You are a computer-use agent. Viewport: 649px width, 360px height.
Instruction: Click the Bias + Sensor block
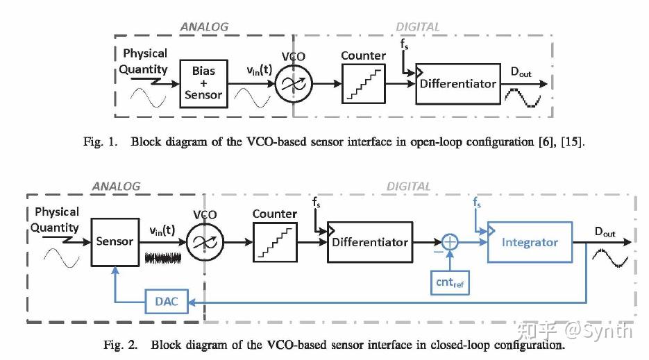coord(203,83)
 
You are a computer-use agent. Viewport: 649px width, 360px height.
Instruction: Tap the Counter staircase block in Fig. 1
coord(362,84)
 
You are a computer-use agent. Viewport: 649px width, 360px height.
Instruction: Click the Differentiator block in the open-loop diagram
coord(458,84)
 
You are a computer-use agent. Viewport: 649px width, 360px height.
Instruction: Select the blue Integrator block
coord(530,243)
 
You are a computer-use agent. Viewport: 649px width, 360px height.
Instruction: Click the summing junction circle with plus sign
coord(450,242)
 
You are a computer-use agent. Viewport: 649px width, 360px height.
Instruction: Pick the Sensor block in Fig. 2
coord(115,242)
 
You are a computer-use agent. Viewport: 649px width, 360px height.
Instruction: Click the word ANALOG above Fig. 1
coord(204,27)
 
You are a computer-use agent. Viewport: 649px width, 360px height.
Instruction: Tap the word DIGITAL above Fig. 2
coord(408,187)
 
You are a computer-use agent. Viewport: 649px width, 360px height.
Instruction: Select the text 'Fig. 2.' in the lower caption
coord(122,345)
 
